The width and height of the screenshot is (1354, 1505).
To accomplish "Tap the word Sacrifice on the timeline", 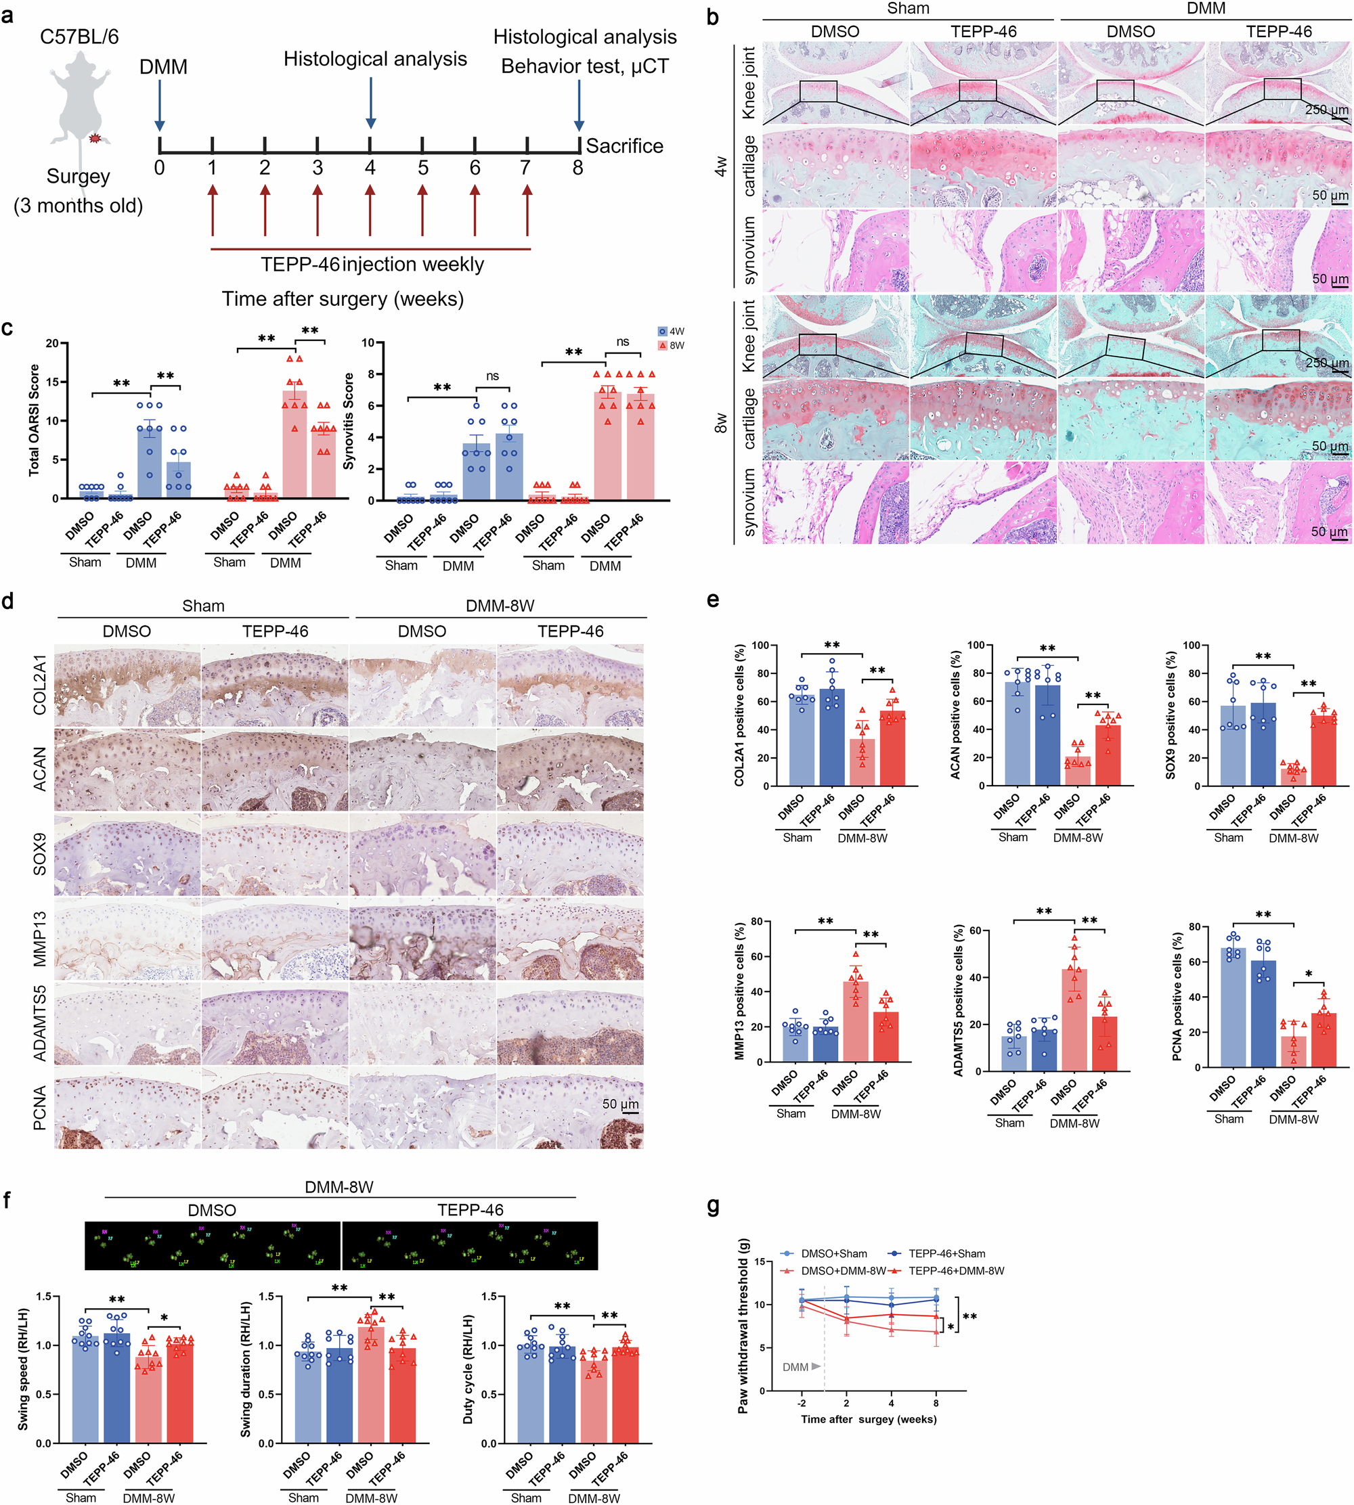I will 624,145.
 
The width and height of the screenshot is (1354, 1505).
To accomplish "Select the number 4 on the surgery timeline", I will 370,168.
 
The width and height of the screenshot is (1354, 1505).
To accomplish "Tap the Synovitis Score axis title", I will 349,421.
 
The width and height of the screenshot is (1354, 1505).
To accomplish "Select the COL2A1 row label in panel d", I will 39,685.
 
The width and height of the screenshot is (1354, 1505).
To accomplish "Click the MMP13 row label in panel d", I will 39,939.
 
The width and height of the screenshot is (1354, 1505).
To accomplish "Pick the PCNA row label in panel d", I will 39,1108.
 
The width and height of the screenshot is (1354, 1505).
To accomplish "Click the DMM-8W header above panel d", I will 500,605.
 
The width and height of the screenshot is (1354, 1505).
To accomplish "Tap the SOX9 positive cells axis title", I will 1171,715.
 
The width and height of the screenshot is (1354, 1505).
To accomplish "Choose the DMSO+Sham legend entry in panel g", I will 825,1253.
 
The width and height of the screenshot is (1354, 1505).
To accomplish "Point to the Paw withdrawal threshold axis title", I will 743,1334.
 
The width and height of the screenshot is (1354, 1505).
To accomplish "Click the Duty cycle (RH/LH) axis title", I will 468,1369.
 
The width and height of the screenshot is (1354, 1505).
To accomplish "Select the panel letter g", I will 714,1205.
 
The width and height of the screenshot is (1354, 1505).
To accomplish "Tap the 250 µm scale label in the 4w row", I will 1326,110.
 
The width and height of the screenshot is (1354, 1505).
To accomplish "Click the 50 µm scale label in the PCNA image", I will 619,1104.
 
